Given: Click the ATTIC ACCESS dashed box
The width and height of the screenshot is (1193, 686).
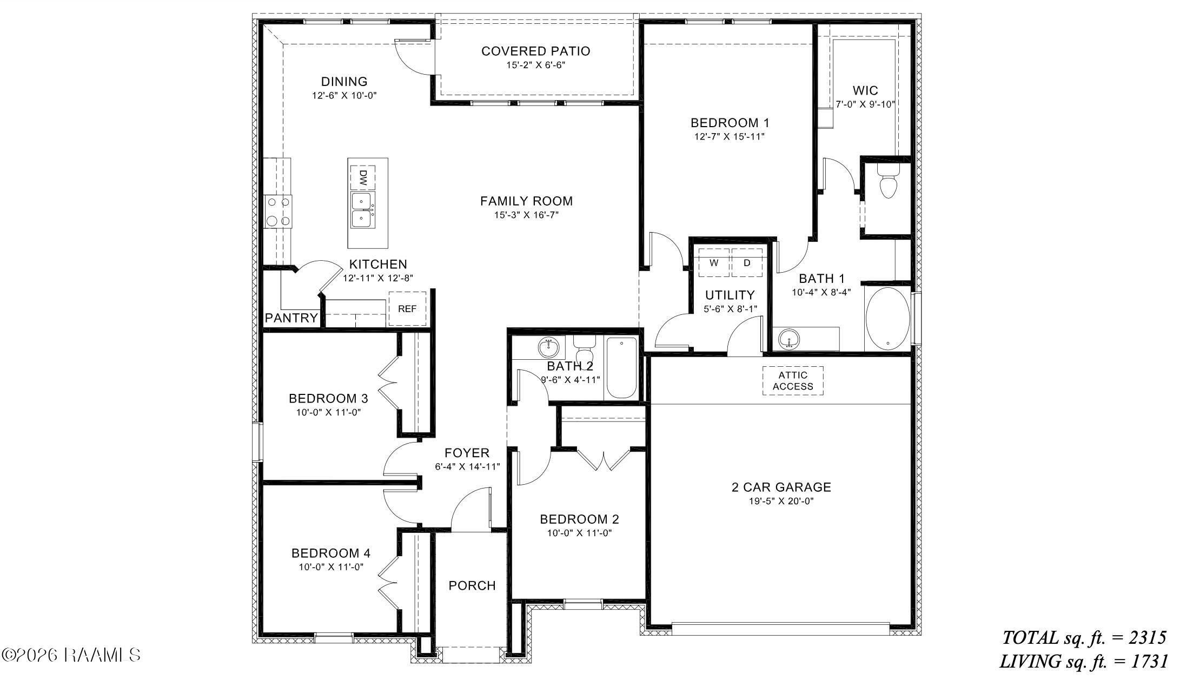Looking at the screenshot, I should click(793, 381).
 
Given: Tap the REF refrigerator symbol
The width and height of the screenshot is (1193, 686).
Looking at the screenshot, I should click(407, 309).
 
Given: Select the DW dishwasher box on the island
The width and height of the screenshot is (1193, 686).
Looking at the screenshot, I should click(363, 177).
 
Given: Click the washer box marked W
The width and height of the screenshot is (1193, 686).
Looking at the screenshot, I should click(714, 263).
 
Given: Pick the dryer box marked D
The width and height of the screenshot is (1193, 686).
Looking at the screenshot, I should click(747, 263).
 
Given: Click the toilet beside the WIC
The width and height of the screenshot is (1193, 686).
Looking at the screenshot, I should click(888, 183).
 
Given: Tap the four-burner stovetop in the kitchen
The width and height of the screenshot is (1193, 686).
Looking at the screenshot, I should click(277, 212).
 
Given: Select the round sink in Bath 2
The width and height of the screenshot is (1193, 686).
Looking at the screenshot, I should click(549, 347).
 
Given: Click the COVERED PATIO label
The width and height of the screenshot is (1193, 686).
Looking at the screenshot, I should click(535, 51).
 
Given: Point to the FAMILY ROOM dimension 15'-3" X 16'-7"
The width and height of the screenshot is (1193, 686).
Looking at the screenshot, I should click(526, 215).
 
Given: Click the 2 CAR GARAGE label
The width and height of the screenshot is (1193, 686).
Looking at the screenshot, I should click(781, 487).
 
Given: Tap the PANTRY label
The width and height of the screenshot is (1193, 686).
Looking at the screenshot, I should click(291, 318).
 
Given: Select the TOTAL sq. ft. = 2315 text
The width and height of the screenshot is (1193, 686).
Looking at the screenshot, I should click(1084, 638).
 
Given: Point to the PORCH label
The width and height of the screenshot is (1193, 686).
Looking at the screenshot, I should click(472, 586).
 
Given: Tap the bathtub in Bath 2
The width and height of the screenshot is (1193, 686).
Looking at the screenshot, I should click(621, 368).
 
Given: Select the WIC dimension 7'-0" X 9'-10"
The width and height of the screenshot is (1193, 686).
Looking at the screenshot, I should click(865, 105).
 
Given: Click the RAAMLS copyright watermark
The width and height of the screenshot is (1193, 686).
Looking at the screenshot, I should click(71, 656).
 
